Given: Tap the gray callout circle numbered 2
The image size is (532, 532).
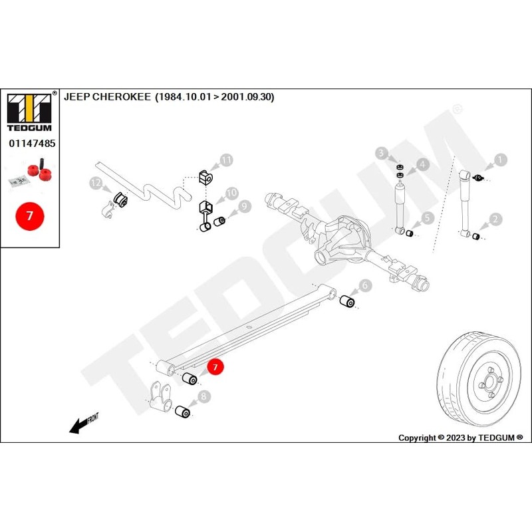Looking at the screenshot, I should [494, 218].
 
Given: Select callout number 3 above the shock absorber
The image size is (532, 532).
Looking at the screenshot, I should [381, 154].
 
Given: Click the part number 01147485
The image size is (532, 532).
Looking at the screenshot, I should [31, 143].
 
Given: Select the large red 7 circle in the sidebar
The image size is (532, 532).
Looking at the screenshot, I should [29, 216].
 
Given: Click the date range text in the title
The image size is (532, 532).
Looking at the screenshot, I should [214, 96].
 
